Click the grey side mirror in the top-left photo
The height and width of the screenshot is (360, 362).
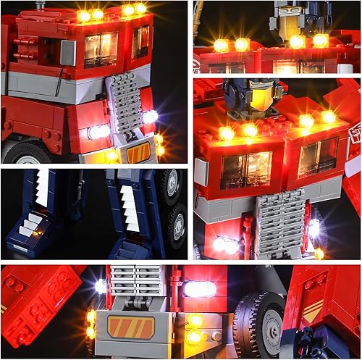point(67,53)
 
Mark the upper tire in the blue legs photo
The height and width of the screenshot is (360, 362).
point(170,188)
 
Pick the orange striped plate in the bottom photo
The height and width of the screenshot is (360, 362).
point(131,327)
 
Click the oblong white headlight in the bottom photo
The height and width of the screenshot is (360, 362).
point(199,289)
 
